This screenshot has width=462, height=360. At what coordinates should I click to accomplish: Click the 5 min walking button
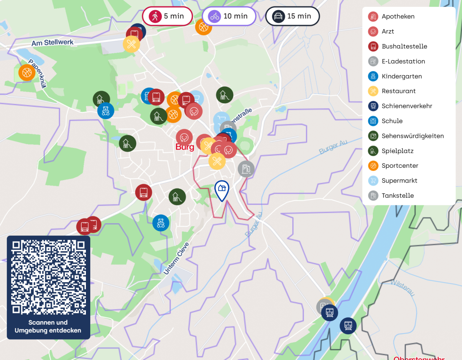[167, 16]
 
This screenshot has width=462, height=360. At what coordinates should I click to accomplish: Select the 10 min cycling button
[229, 16]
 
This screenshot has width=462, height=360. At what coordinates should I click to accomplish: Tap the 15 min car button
[292, 16]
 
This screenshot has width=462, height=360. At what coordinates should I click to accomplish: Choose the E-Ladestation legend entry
[403, 61]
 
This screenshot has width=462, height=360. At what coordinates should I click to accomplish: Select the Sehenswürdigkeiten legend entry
[413, 136]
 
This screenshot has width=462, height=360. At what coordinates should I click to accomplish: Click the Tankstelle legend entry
[397, 196]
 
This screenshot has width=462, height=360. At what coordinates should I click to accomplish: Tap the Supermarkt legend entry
[399, 181]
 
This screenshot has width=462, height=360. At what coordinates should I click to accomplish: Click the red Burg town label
[185, 147]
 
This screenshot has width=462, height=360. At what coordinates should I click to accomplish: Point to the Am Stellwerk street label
[52, 43]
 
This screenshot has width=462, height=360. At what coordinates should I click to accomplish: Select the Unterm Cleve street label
[176, 259]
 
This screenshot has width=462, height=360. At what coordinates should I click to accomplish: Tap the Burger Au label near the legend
[333, 147]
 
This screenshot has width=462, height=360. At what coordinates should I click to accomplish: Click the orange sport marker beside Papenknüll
[27, 73]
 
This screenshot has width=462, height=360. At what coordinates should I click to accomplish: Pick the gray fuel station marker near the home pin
[246, 169]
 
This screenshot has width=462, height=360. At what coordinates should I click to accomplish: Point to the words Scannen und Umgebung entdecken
[48, 326]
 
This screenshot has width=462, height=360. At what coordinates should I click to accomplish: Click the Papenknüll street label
[38, 74]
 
